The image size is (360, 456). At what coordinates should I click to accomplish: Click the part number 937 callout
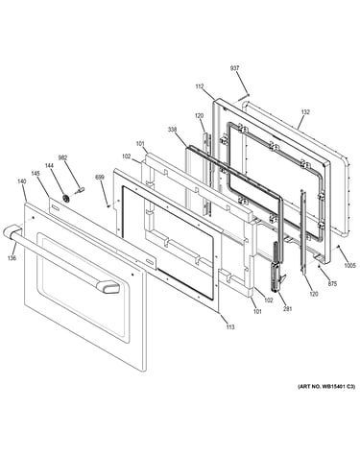[x=234, y=68]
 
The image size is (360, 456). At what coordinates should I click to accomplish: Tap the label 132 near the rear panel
[x=305, y=112]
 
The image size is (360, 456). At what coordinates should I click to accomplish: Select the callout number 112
[x=200, y=86]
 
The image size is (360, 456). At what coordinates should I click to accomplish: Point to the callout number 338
[x=172, y=130]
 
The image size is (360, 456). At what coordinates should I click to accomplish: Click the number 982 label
[x=62, y=157]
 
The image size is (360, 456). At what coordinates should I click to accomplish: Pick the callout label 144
[x=49, y=165]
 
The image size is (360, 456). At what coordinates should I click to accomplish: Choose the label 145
[x=36, y=173]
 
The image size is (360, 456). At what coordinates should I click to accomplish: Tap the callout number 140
[x=21, y=181]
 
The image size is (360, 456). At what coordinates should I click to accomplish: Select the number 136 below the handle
[x=12, y=258]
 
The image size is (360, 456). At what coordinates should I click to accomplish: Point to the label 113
[x=229, y=326]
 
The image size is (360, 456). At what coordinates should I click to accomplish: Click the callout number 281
[x=287, y=309]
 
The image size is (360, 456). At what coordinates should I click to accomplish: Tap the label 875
[x=332, y=283]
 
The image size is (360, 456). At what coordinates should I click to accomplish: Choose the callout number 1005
[x=349, y=265]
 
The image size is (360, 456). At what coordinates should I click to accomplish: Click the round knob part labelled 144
[x=66, y=199]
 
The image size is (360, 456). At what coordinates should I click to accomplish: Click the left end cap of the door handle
[x=12, y=231]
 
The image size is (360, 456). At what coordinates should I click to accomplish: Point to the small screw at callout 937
[x=249, y=94]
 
